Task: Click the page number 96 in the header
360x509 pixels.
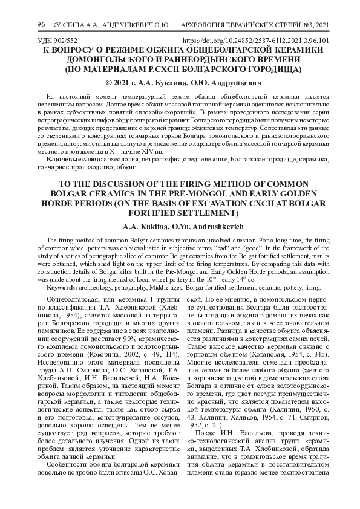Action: pos(41,24)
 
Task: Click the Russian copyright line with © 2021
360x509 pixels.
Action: pos(180,82)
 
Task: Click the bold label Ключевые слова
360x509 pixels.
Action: pos(75,158)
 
